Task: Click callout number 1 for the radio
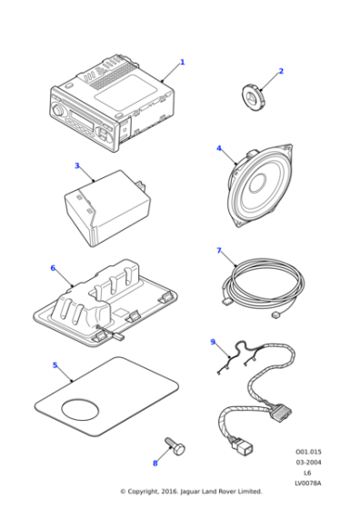coord(182,62)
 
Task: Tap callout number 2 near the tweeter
coord(281,71)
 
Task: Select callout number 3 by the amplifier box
coord(77,166)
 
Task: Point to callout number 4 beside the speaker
coord(219,148)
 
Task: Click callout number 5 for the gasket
coord(55,365)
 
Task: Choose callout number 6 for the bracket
coord(53,268)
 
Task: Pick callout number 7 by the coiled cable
coord(219,250)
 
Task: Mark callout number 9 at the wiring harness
coord(213,342)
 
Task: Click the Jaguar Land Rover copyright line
coord(190,492)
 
